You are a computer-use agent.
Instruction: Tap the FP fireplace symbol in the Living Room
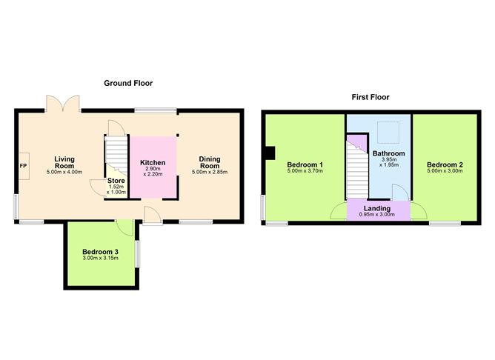[x=23, y=165]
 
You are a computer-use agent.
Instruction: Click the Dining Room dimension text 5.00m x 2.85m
[x=209, y=172]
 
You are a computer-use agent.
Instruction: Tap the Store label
[x=116, y=180]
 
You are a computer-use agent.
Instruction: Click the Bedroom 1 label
[x=305, y=164]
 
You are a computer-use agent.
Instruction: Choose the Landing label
[x=377, y=208]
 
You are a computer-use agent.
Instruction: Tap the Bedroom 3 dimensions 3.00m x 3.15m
[x=100, y=261]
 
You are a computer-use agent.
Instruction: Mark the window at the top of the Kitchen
[x=155, y=111]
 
